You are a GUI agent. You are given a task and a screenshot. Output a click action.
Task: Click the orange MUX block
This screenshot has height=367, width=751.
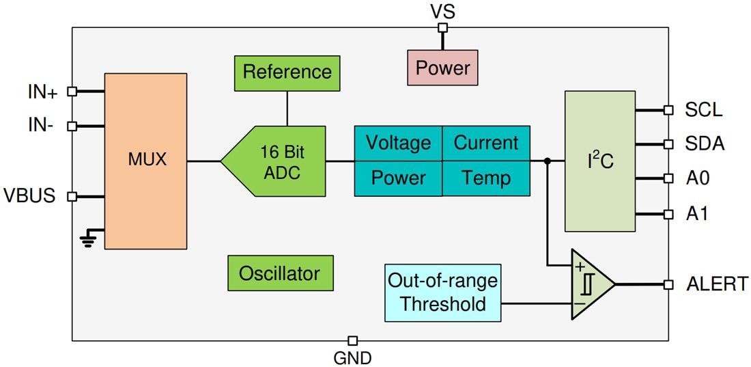145,161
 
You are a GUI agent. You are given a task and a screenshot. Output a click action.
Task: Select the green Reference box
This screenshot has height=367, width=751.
287,72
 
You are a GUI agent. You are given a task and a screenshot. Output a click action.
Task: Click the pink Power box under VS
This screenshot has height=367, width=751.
442,68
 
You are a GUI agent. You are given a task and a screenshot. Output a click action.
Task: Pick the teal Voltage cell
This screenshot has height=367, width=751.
398,143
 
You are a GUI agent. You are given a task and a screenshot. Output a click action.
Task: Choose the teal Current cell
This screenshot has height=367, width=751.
485,143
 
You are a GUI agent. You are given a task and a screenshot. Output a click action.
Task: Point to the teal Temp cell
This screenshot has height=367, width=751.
485,178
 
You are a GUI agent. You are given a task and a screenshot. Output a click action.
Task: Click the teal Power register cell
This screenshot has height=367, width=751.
398,178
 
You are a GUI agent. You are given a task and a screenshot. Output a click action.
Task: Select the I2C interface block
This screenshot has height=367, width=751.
600,161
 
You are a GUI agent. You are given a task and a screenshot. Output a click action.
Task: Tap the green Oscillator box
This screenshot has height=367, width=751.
280,273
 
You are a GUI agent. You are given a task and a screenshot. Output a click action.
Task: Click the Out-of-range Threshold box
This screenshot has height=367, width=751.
442,293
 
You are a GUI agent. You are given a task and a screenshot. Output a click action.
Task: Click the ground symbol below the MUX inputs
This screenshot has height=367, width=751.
88,238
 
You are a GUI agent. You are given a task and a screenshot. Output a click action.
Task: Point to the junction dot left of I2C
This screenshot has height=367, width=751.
548,161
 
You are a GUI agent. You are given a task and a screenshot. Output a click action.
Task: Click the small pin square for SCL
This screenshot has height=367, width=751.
668,109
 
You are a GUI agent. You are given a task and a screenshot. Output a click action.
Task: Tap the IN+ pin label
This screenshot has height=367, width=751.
42,92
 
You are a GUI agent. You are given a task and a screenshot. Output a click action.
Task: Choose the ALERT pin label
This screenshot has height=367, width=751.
716,284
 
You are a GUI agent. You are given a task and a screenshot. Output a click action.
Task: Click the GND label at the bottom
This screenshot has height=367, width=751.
352,357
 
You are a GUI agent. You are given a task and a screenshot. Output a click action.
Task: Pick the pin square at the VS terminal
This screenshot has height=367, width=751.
442,28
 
